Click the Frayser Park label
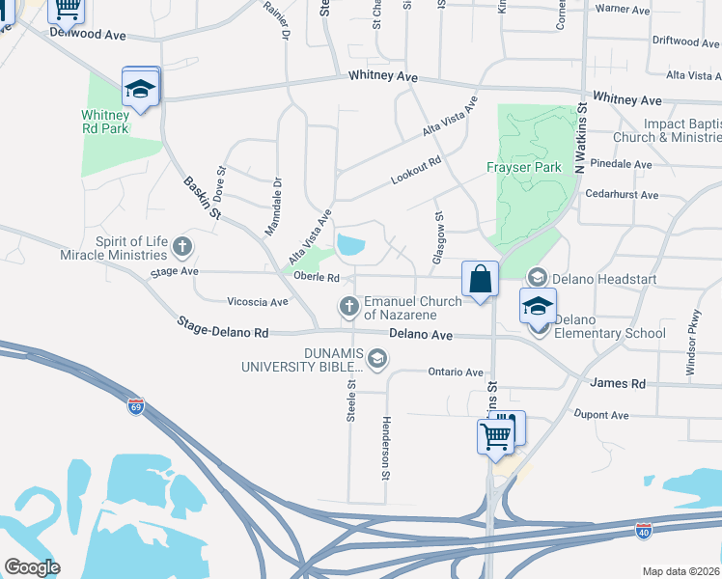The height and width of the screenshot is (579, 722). click(523, 167)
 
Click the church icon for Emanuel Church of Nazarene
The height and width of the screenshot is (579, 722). click(348, 307)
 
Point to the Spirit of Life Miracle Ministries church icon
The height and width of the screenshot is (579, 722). click(180, 248)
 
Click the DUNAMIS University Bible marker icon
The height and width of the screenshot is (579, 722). click(376, 360)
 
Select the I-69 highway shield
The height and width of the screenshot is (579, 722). click(136, 406)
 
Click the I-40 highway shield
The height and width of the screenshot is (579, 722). click(644, 531)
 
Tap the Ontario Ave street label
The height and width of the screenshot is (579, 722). click(455, 372)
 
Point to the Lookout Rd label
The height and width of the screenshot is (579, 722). click(415, 171)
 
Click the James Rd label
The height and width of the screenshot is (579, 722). click(617, 383)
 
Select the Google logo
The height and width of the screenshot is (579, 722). click(32, 567)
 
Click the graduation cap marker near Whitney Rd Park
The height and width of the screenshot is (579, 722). click(140, 90)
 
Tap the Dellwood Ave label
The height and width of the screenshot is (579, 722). click(90, 35)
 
